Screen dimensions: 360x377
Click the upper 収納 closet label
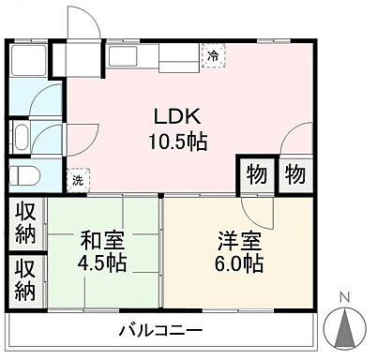(x=24, y=222)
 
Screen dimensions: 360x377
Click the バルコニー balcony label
(x=160, y=331)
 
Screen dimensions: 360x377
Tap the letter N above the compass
(x=344, y=300)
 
